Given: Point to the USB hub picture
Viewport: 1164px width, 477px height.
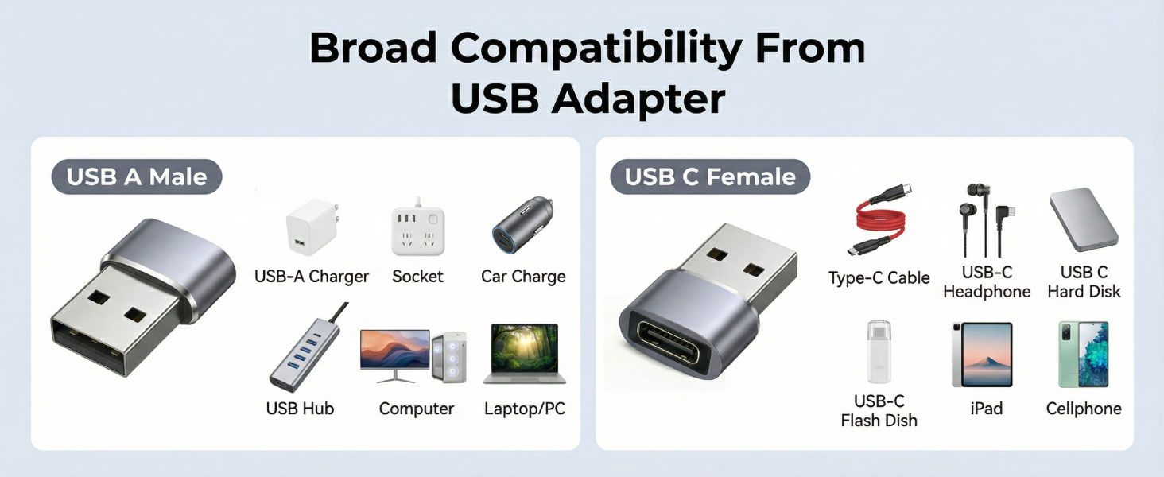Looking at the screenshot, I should pyautogui.click(x=304, y=350).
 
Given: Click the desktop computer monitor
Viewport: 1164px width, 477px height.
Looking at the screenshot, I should pyautogui.click(x=394, y=351).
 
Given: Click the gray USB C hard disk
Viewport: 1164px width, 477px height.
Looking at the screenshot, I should pyautogui.click(x=1083, y=220).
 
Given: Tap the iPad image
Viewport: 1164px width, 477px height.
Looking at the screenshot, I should pyautogui.click(x=983, y=355).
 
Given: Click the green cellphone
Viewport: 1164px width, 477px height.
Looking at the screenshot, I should pyautogui.click(x=1083, y=355).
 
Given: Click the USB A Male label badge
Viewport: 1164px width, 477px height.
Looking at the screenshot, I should pyautogui.click(x=137, y=176).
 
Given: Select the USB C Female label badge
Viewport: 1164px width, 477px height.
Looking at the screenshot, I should pyautogui.click(x=710, y=176).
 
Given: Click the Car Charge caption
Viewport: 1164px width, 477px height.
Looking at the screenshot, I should pyautogui.click(x=523, y=277).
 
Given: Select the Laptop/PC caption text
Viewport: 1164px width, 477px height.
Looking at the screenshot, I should pyautogui.click(x=525, y=409).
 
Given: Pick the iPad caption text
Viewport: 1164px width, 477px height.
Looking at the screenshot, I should pyautogui.click(x=986, y=409).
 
